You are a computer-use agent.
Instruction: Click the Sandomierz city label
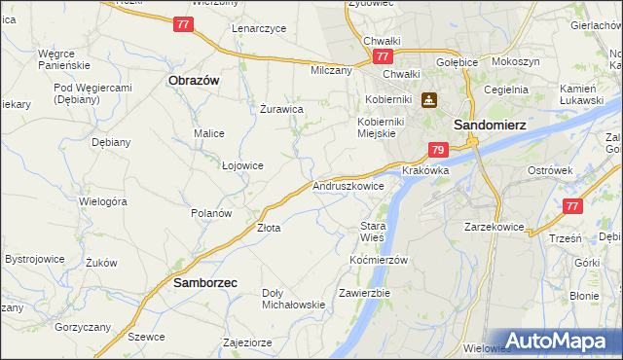point(491,126)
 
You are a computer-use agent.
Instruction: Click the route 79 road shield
point(438,150)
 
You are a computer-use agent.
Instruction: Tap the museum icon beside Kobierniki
point(429,99)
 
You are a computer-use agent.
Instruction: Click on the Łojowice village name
point(242,165)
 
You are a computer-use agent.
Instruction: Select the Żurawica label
point(281,109)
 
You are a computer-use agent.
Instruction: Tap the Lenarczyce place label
point(259,28)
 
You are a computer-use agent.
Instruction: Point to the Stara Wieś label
point(373,231)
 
